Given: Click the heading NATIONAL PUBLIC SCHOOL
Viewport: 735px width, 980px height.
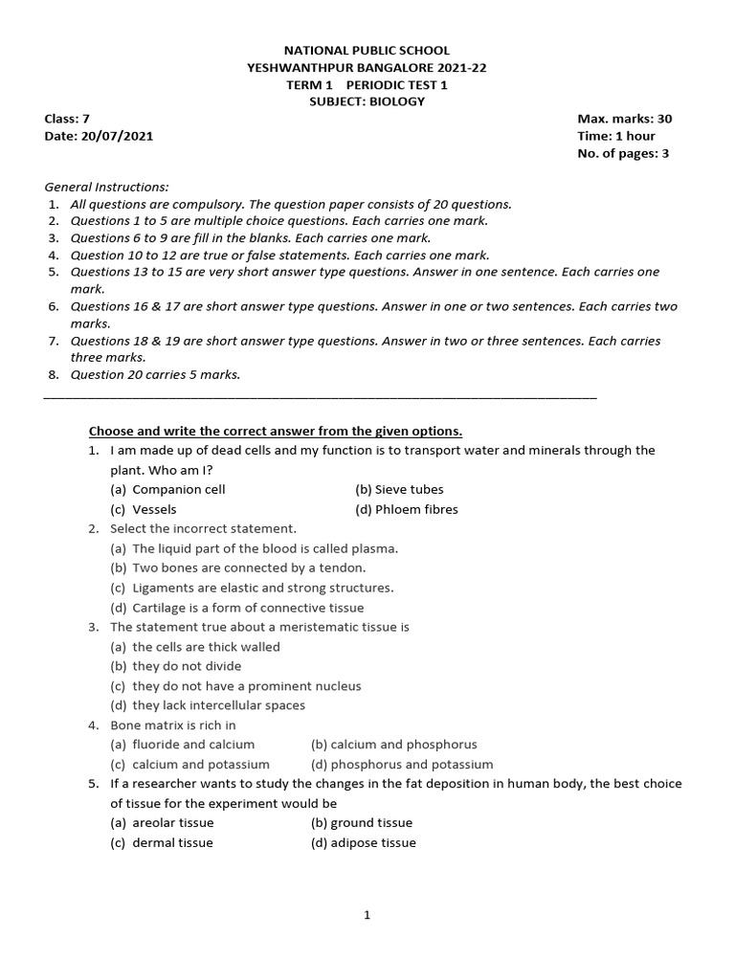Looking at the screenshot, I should coord(367,50).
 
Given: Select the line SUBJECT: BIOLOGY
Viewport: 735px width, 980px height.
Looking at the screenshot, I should coord(367,101).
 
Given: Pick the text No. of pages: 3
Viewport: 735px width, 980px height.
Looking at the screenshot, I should coord(622,154).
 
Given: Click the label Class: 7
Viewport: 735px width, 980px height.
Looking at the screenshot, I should coord(67,119).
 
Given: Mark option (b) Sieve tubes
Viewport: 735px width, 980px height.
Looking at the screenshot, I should coord(399,489).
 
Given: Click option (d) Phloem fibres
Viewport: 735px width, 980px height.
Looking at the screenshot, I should coord(406,509).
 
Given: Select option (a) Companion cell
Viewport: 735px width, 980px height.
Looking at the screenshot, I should coord(168,489).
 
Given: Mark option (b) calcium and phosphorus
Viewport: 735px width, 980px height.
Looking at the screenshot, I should coord(393,744).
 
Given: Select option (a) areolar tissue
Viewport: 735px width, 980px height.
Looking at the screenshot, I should coord(162,822).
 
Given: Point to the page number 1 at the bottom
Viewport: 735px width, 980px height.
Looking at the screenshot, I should coord(367,915).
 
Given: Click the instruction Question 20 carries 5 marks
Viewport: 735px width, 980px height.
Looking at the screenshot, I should coord(155,374).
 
